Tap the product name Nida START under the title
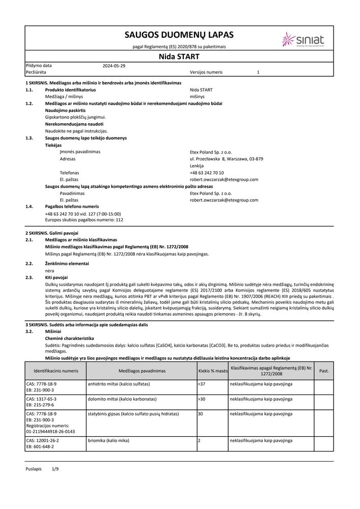point(179,56)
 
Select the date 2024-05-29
point(114,66)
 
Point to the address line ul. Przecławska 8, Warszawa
point(226,159)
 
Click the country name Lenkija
point(197,166)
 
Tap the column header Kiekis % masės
point(212,371)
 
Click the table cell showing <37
point(201,383)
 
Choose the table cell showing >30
point(201,399)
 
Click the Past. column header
point(323,371)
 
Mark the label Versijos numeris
point(206,72)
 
